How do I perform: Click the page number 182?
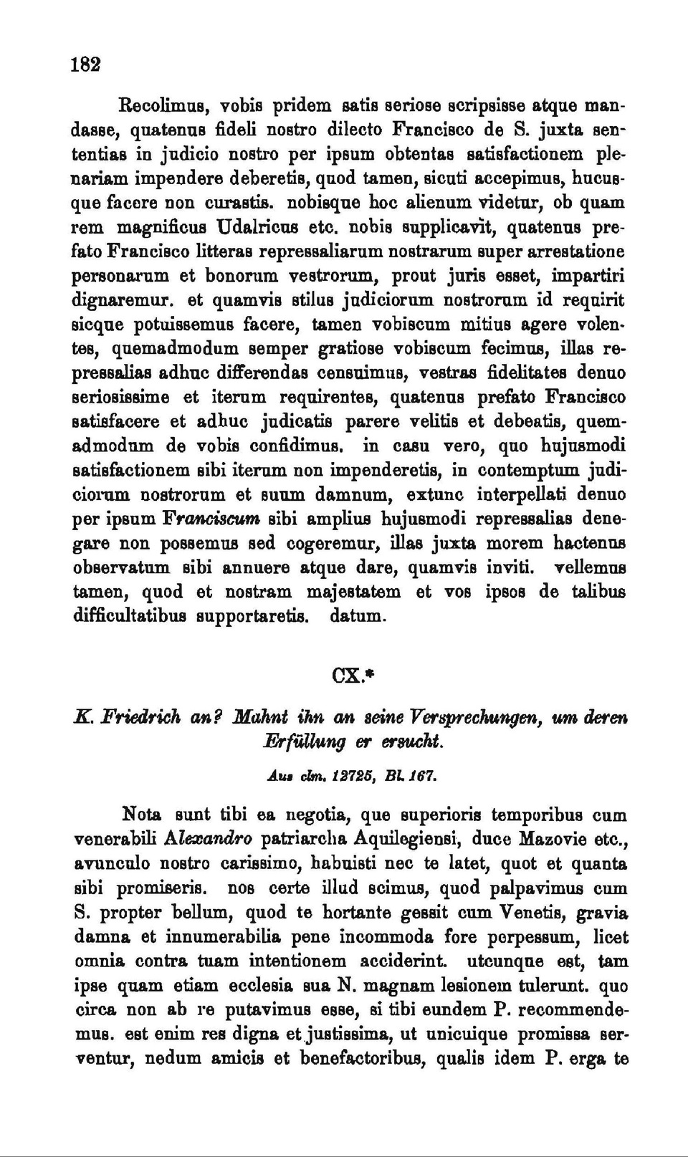coord(85,63)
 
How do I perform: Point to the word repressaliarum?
coord(297,252)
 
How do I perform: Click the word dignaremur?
coord(121,301)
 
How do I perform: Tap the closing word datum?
coord(358,616)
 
